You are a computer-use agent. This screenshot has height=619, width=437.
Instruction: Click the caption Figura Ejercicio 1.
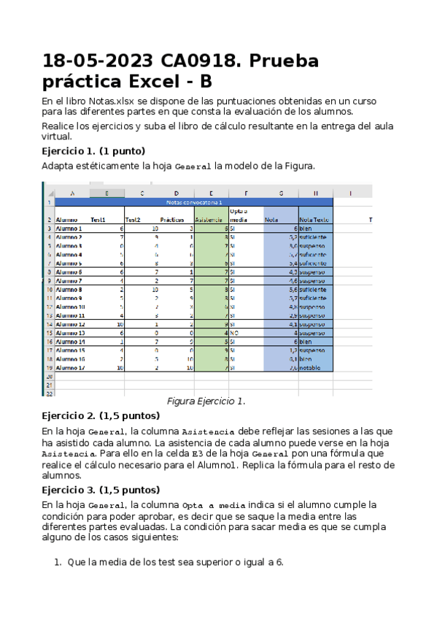(x=206, y=401)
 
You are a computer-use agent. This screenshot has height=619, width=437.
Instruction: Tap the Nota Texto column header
(x=314, y=219)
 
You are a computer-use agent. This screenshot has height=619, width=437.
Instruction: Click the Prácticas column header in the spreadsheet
(x=172, y=219)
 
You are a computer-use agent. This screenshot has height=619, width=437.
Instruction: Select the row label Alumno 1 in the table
(x=69, y=228)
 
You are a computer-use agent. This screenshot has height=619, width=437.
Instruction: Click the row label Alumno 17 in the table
(x=71, y=368)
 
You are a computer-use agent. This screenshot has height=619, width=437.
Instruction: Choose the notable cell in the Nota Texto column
(x=312, y=368)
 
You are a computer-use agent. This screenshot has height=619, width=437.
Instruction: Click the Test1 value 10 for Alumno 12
(x=120, y=324)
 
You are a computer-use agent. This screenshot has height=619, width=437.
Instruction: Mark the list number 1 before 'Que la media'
(x=58, y=563)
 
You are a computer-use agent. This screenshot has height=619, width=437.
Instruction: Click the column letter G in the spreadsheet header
(x=281, y=193)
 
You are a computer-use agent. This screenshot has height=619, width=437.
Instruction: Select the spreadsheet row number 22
(x=49, y=393)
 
